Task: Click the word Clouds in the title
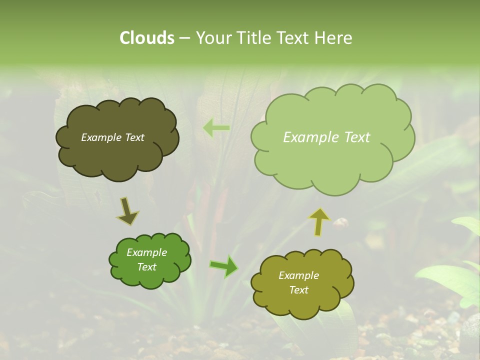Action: (147, 38)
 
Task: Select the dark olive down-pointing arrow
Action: (128, 211)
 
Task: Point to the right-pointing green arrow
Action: (223, 266)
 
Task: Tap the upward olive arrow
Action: (319, 221)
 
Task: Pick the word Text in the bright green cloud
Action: (147, 267)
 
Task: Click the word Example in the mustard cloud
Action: (298, 275)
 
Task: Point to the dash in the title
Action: (184, 38)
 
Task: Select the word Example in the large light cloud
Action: (309, 137)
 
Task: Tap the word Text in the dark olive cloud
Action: (133, 137)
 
